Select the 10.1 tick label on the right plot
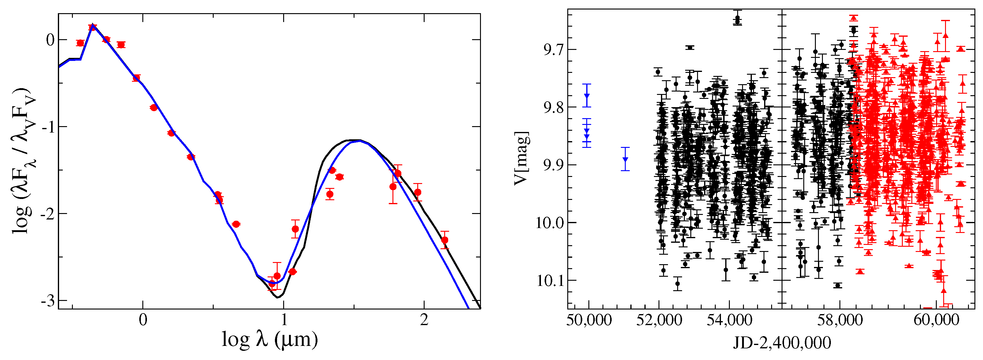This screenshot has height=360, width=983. pyautogui.click(x=550, y=281)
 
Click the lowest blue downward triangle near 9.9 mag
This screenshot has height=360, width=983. pyautogui.click(x=625, y=159)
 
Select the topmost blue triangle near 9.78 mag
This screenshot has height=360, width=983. pyautogui.click(x=587, y=96)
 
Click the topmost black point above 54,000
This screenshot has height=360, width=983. pyautogui.click(x=737, y=18)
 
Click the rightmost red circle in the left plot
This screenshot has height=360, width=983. pyautogui.click(x=444, y=240)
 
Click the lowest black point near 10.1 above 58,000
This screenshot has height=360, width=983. pyautogui.click(x=838, y=286)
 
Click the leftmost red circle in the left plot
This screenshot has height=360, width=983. pyautogui.click(x=80, y=43)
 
